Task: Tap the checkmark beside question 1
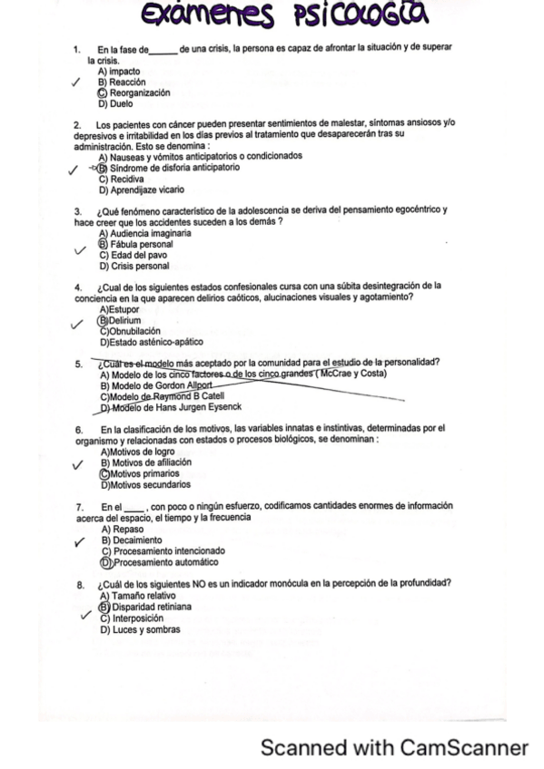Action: pyautogui.click(x=79, y=83)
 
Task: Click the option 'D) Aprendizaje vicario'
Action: pyautogui.click(x=141, y=190)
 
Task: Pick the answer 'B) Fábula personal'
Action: pyautogui.click(x=136, y=244)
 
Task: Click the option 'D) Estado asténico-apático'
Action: pyautogui.click(x=151, y=342)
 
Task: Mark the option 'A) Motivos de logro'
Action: pyautogui.click(x=137, y=451)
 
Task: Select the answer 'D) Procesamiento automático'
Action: pyautogui.click(x=155, y=560)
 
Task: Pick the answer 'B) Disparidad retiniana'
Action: pyautogui.click(x=145, y=607)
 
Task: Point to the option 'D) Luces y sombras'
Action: pyautogui.click(x=139, y=628)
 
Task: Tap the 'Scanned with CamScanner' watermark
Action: pyautogui.click(x=394, y=747)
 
